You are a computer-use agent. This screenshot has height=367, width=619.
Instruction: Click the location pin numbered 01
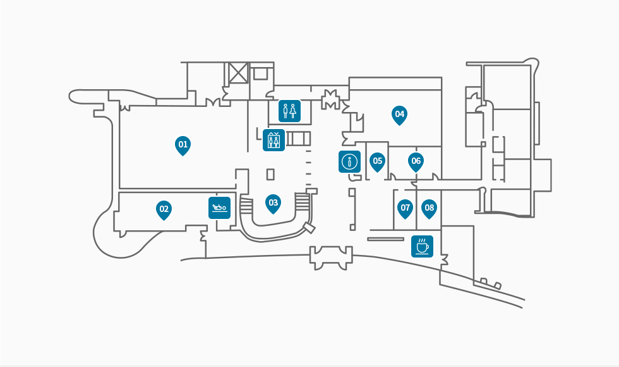[183, 145]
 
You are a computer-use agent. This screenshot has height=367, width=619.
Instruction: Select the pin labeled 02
[164, 209]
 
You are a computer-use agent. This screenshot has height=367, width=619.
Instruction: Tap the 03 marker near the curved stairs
[273, 203]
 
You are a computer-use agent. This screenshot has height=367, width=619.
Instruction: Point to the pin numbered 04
[399, 115]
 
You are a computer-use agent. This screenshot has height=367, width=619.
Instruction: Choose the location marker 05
[377, 161]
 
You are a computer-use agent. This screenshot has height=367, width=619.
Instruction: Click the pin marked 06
[416, 161]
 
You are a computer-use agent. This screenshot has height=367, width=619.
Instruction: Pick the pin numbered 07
[405, 208]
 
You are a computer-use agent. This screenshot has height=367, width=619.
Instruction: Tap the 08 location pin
[430, 208]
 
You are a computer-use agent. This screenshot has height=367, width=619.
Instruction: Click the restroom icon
[290, 111]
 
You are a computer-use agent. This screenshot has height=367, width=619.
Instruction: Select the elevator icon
[274, 140]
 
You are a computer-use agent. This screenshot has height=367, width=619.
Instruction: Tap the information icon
[349, 162]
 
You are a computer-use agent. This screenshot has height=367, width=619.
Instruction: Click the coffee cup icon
[422, 246]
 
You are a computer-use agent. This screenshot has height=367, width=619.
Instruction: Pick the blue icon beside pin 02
[219, 208]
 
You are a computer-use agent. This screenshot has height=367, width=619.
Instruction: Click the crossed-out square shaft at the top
[239, 73]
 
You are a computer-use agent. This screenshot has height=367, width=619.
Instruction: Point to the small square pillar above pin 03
[270, 174]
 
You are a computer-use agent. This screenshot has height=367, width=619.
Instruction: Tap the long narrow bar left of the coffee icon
[385, 239]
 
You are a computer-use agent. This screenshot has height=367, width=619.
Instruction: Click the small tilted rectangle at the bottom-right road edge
[497, 286]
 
